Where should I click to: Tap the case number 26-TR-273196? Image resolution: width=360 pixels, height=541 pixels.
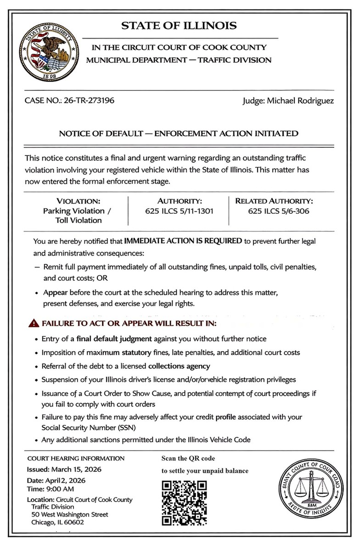[x=87, y=100]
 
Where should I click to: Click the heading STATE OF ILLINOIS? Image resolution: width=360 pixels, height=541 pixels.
[x=179, y=26]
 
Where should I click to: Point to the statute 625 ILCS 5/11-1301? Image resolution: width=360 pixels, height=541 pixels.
[x=179, y=211]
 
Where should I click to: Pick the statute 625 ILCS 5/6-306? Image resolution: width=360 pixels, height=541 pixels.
[x=278, y=211]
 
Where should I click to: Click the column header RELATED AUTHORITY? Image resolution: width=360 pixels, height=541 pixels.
[x=274, y=201]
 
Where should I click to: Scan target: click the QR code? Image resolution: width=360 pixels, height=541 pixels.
[x=185, y=502]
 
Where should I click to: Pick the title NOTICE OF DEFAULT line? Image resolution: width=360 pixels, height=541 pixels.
[x=179, y=134]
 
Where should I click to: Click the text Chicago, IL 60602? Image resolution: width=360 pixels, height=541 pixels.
[x=58, y=522]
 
